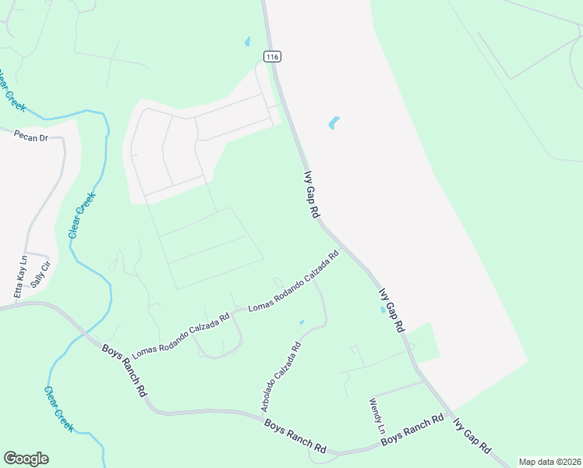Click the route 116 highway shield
click(x=271, y=57)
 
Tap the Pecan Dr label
click(x=31, y=137)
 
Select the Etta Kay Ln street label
click(x=21, y=276)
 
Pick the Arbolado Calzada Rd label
click(x=281, y=378)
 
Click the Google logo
click(x=26, y=459)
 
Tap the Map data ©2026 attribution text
click(x=549, y=462)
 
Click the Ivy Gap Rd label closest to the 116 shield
click(x=312, y=194)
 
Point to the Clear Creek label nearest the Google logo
click(x=58, y=409)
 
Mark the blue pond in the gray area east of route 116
click(x=334, y=123)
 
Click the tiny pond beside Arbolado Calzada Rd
click(x=302, y=321)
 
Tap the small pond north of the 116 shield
click(x=247, y=41)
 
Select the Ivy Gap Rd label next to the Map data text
click(x=472, y=437)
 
